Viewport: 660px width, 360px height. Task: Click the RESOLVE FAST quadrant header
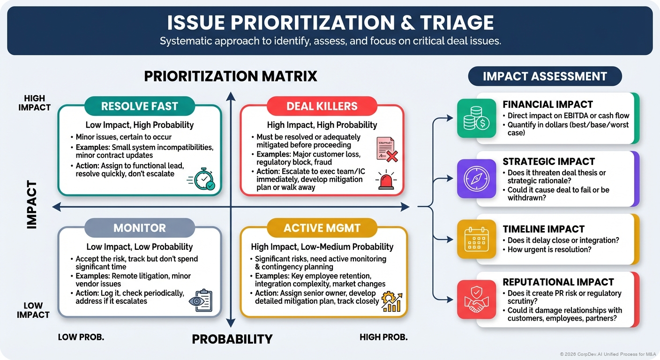coord(140,106)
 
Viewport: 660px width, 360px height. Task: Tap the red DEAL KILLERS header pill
coord(322,106)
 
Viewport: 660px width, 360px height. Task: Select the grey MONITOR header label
coord(140,228)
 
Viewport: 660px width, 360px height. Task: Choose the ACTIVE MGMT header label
coord(322,228)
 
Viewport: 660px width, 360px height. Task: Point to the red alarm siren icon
coord(386,180)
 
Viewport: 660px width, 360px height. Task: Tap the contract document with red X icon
coord(386,150)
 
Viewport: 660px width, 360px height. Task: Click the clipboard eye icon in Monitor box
coord(200,301)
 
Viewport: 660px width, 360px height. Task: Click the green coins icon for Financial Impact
coord(476,118)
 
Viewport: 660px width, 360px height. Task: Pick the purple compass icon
coord(476,179)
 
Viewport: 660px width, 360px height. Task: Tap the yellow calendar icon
coord(476,239)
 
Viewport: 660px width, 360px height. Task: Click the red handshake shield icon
coord(476,299)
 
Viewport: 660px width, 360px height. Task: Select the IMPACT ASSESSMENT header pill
coord(545,76)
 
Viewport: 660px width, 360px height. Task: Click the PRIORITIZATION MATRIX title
coord(231,76)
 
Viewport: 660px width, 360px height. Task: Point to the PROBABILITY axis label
coord(232,339)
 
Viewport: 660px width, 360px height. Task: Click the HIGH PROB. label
coord(383,337)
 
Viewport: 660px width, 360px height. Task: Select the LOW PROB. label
coord(81,337)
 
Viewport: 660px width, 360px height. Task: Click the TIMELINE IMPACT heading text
coord(543,229)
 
